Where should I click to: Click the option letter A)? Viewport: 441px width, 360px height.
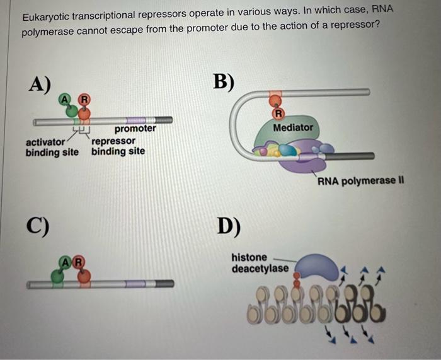point(39,84)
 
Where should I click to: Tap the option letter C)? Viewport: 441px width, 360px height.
point(38,224)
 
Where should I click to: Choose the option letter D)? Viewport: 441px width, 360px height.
point(228,224)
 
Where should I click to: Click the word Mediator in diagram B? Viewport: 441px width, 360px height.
point(293,127)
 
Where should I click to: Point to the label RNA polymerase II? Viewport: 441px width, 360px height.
point(360,182)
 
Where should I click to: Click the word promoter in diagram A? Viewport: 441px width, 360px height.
point(135,129)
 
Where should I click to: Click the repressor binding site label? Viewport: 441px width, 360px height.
point(118,146)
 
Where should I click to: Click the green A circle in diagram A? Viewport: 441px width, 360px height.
point(66,98)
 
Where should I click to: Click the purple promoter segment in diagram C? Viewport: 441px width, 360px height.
point(134,284)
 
